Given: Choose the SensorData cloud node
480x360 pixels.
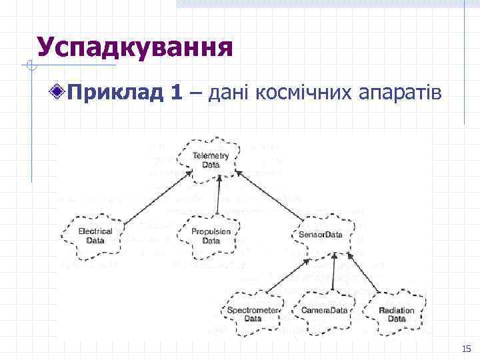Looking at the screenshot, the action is point(320,235).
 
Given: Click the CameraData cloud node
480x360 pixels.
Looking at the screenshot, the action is point(325,311).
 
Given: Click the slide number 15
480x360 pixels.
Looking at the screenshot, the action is point(465,349).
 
